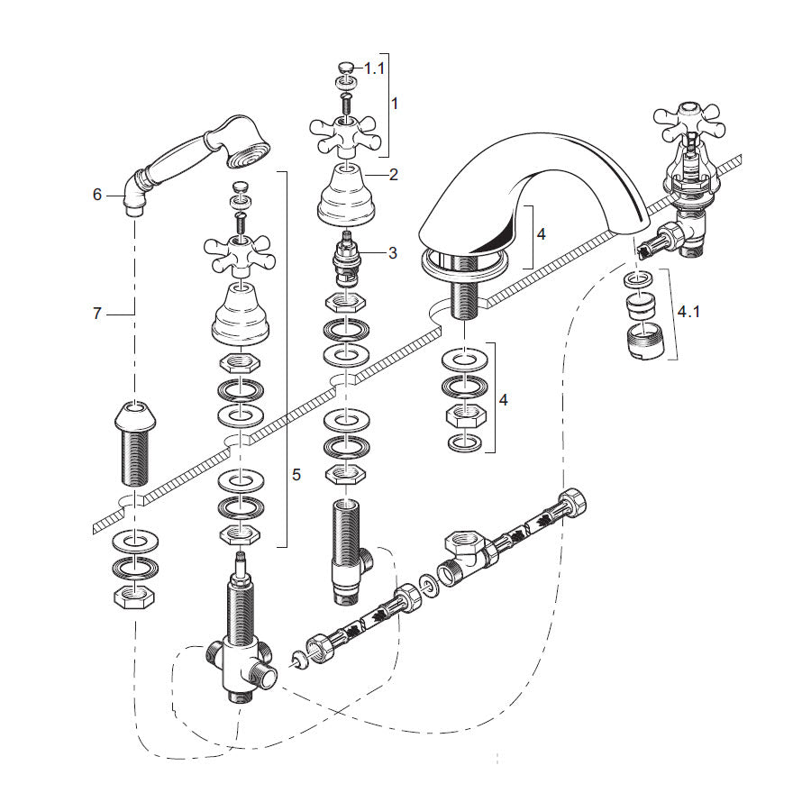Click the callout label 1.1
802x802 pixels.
(373, 68)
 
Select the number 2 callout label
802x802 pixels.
(393, 175)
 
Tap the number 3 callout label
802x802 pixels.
(393, 253)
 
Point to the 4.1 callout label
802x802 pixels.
(688, 312)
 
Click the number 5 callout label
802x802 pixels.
(297, 472)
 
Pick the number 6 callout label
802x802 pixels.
(97, 194)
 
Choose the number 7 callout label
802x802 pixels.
(97, 314)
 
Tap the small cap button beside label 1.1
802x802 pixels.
(344, 66)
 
